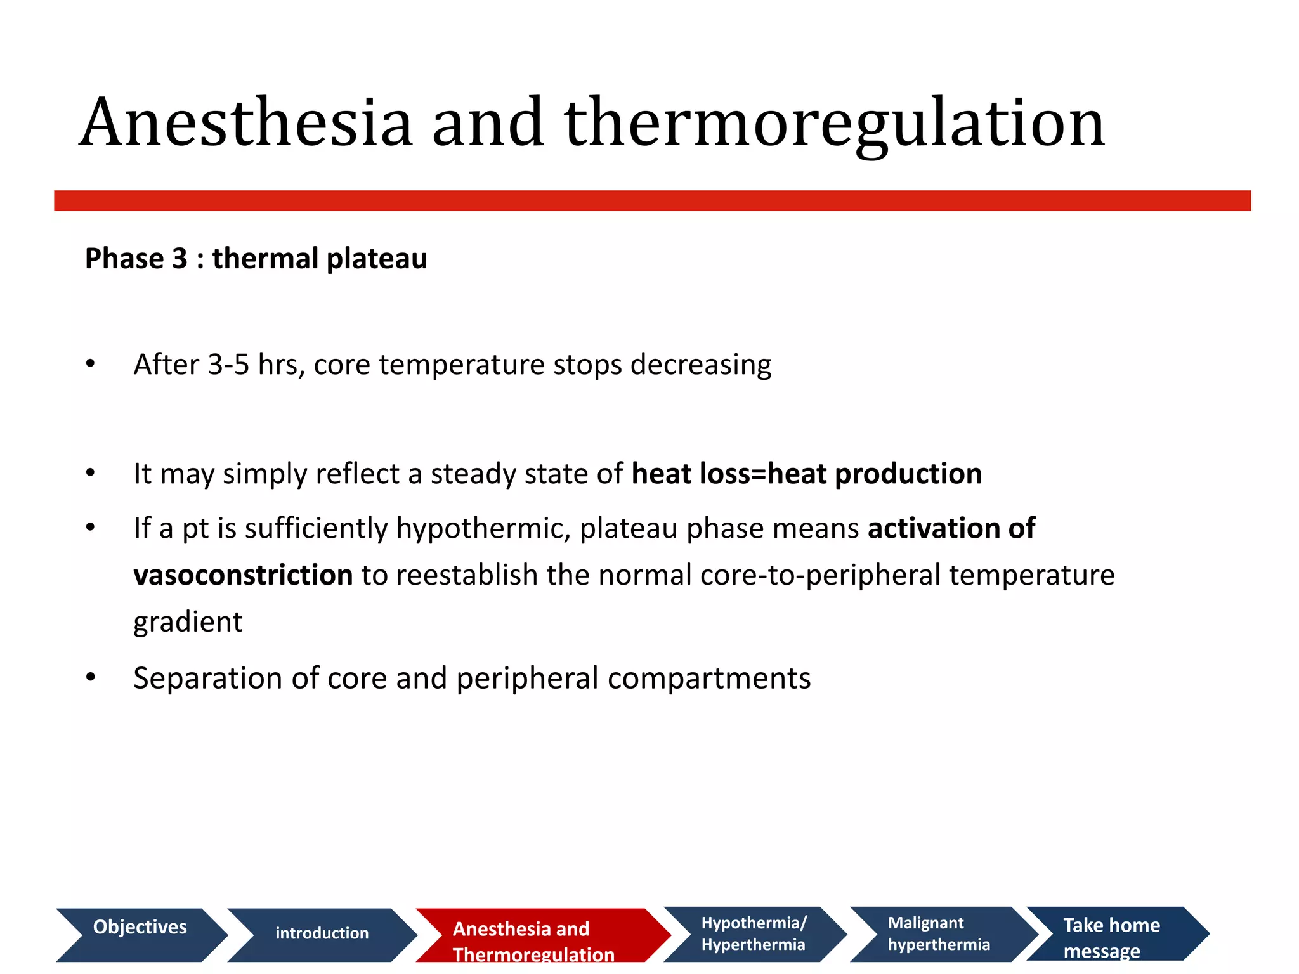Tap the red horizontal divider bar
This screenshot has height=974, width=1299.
pos(652,200)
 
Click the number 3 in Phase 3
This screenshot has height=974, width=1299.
pos(180,259)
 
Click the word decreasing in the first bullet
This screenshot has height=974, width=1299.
pos(701,365)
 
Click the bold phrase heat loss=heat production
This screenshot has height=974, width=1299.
pos(807,474)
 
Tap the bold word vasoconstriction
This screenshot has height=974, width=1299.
pos(243,575)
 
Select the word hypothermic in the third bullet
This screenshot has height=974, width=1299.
pos(484,528)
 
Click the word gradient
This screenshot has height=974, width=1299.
pos(188,622)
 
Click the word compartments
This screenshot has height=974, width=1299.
pos(709,678)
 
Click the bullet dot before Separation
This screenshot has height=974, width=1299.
pos(91,677)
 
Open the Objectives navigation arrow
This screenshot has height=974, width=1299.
pos(140,934)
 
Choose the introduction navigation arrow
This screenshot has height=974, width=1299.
pos(322,934)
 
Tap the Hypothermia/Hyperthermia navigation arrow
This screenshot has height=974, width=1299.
pos(753,933)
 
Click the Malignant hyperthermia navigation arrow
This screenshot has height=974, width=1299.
pos(939,933)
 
